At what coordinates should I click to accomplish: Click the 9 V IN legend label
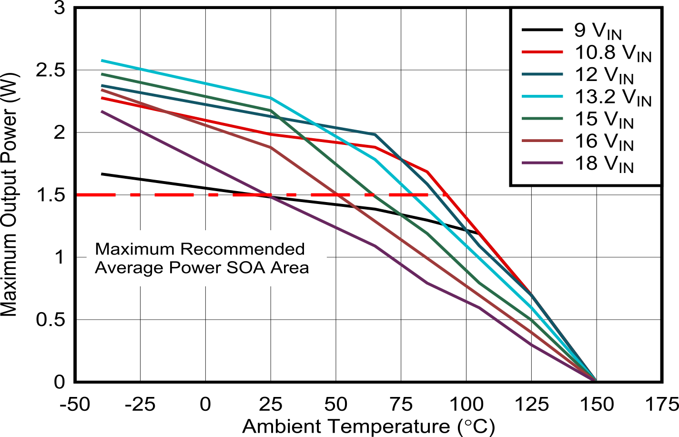[x=598, y=31]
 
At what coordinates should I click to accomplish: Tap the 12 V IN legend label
[x=604, y=75]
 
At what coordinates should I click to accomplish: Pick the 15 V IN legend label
[x=604, y=120]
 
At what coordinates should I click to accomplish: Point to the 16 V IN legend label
[x=604, y=142]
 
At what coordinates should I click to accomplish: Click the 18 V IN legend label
[x=604, y=163]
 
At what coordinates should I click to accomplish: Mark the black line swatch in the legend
[x=542, y=30]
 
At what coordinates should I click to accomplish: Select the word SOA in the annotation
[x=246, y=268]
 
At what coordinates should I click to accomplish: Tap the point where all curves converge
[x=594, y=379]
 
